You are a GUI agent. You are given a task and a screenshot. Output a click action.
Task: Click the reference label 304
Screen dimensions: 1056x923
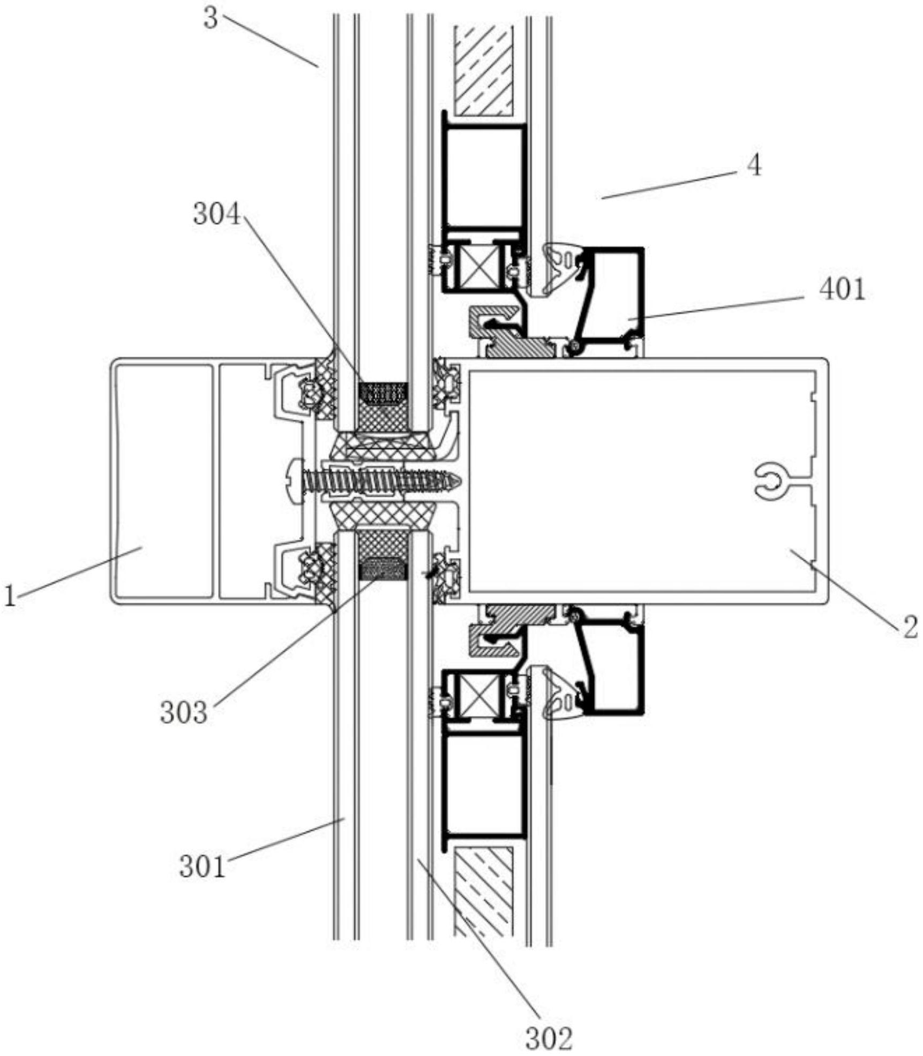(217, 215)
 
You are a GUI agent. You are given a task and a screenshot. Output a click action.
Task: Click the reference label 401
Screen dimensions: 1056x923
(842, 291)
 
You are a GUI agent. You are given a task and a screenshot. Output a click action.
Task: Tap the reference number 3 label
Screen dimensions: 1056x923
(211, 20)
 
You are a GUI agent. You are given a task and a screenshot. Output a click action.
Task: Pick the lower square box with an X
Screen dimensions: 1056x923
(476, 695)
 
